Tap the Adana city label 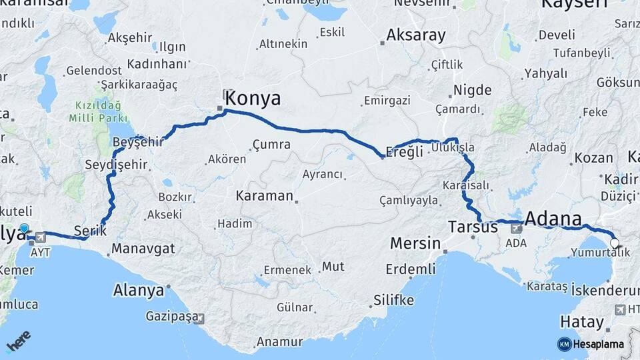coord(553,218)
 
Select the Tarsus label coord(473,227)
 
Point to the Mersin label coord(415,243)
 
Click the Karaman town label coord(264,196)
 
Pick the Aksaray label coord(415,34)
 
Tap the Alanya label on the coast coord(139,291)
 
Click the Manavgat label coord(143,249)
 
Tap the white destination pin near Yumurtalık coord(614,244)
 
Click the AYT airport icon coord(41,237)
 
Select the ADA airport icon coord(516,228)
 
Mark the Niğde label coord(472,91)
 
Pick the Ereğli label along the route coord(405,151)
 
